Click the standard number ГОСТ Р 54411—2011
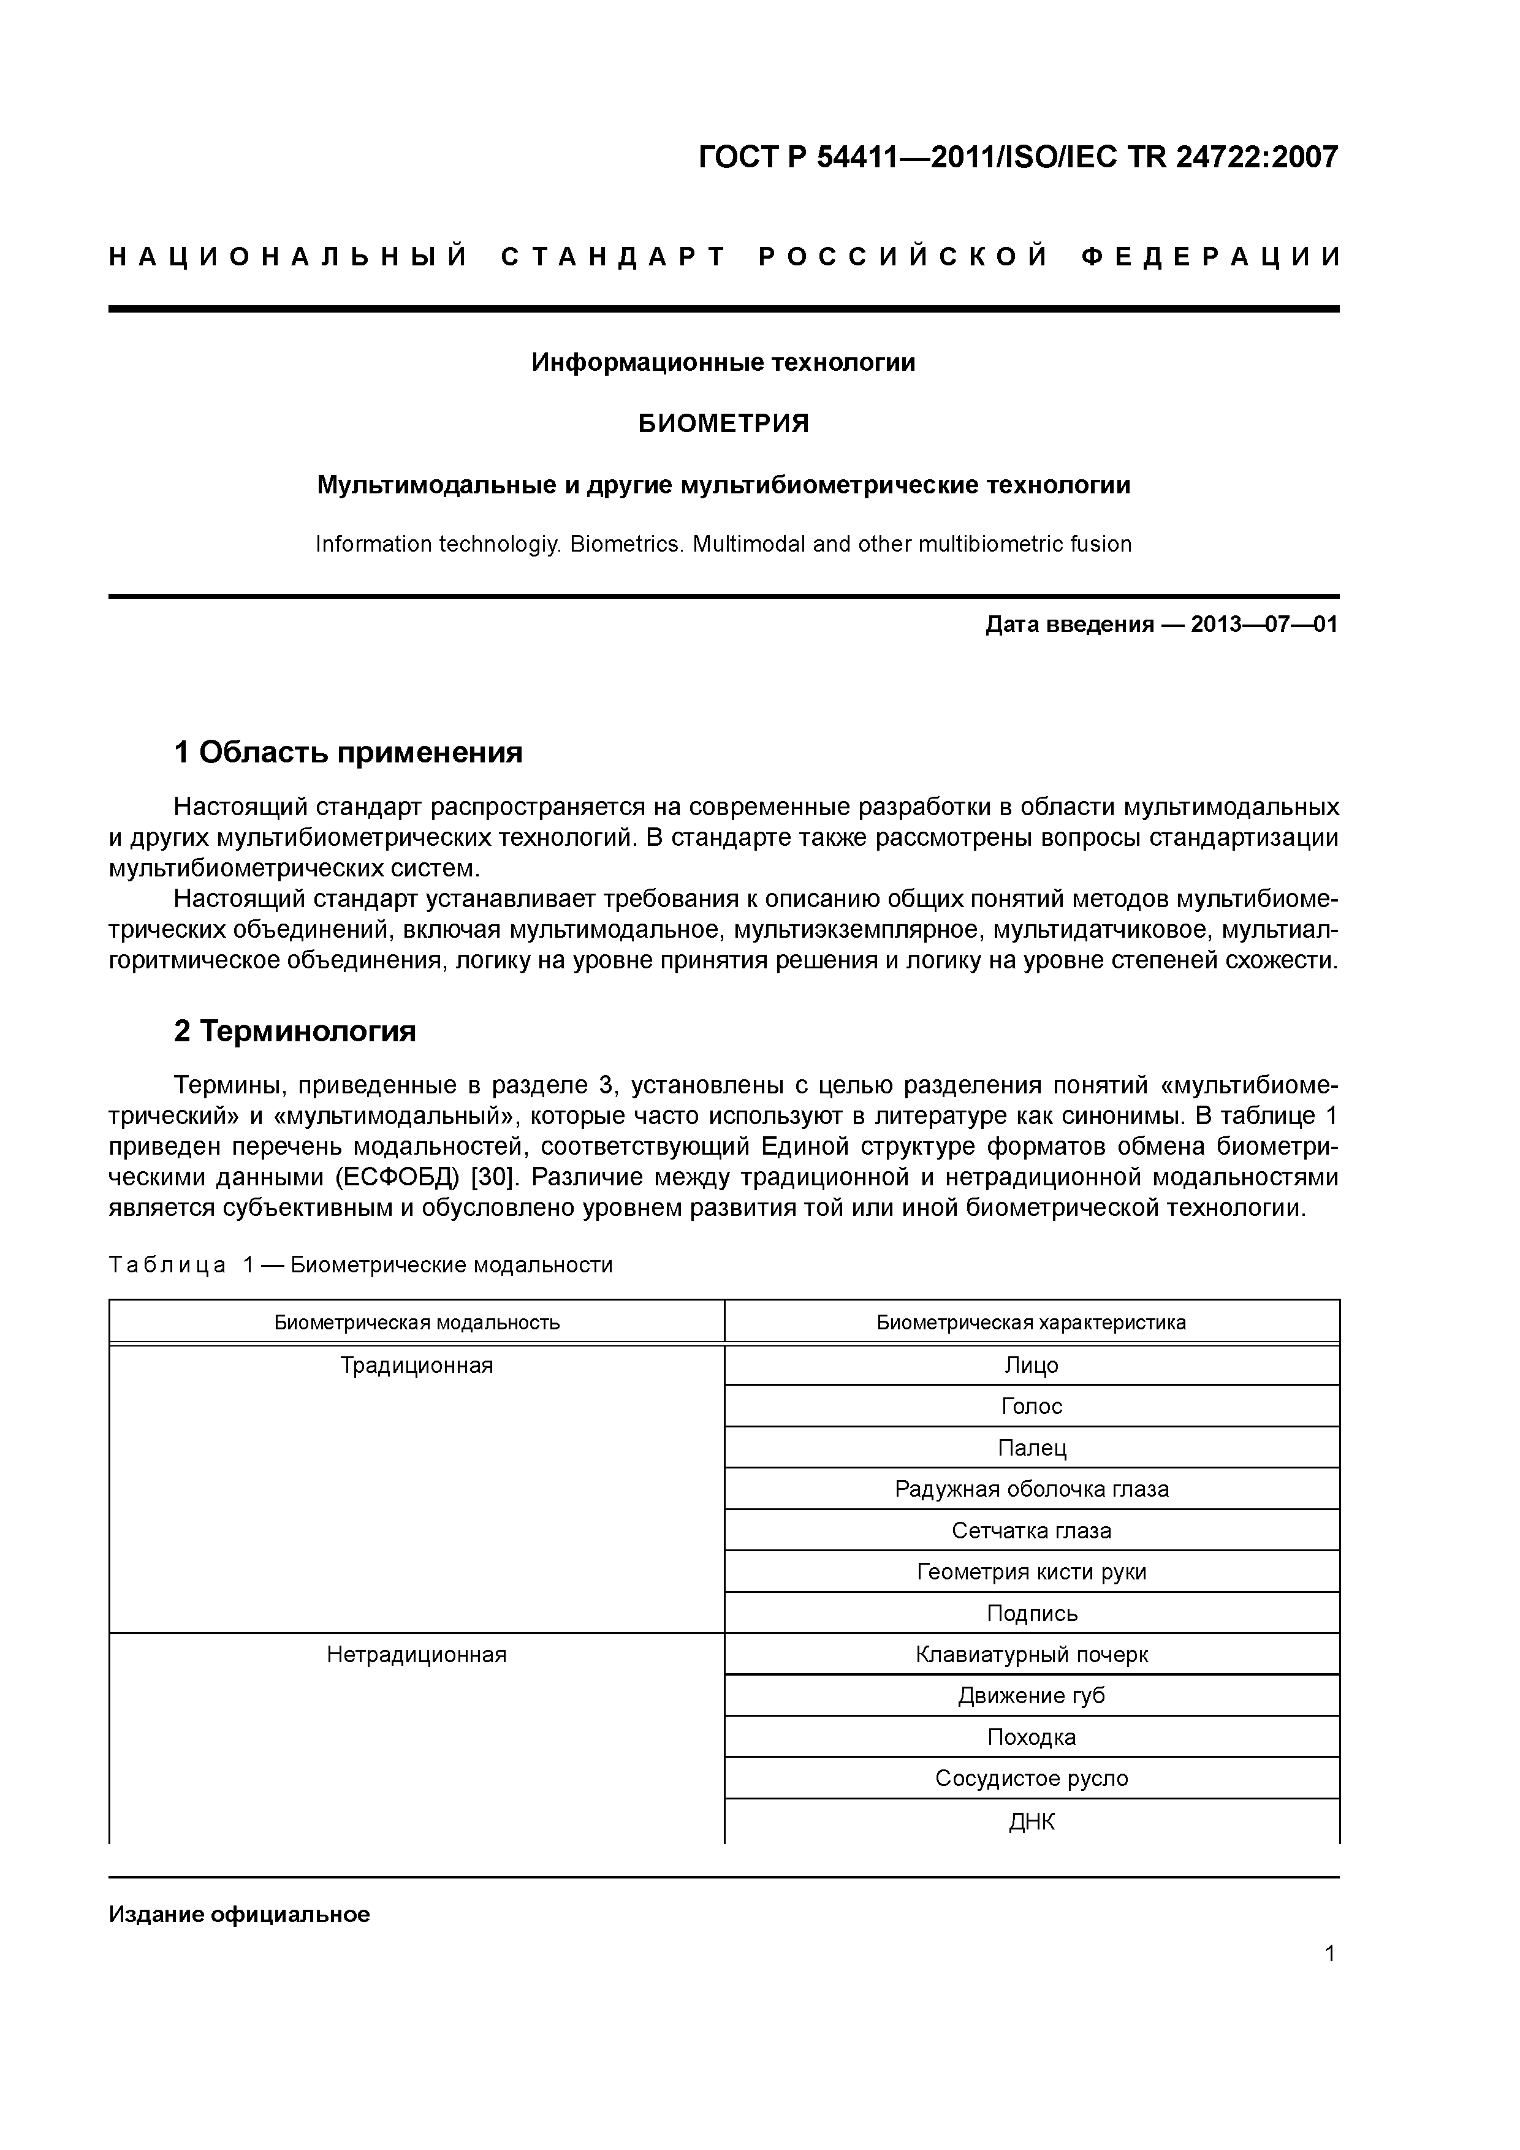pos(848,156)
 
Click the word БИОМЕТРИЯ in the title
pos(723,424)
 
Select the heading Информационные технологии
pos(723,362)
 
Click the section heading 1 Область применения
pos(348,752)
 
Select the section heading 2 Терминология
pos(295,1031)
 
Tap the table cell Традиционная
pos(417,1366)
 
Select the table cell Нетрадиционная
pos(417,1655)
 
